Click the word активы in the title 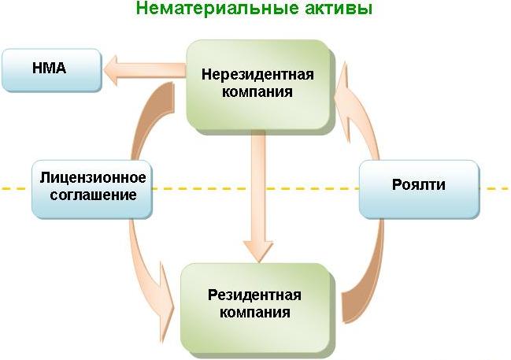click(x=337, y=9)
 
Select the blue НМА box click(x=51, y=69)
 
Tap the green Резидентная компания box click(x=254, y=303)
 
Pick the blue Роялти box click(x=418, y=187)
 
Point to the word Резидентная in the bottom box click(x=254, y=295)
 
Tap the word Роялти click(x=418, y=186)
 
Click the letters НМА click(x=49, y=69)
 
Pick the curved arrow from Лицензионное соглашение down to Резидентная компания click(x=150, y=268)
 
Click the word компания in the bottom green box click(x=254, y=312)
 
